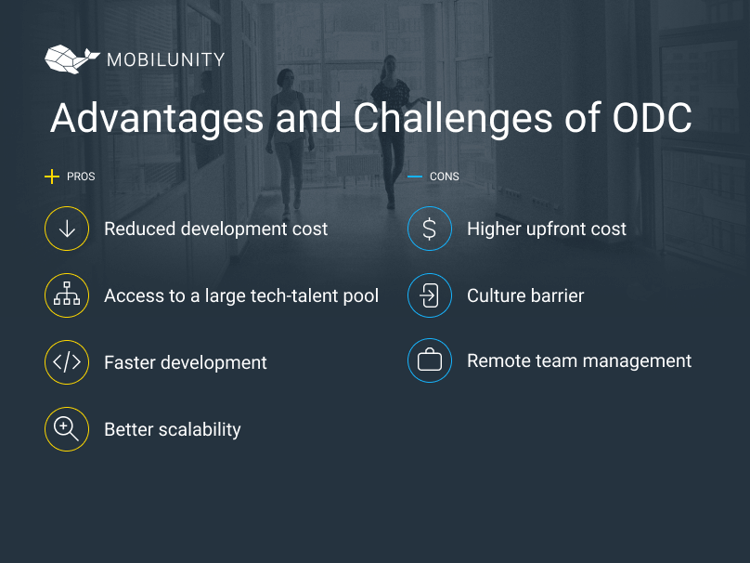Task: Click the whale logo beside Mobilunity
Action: pos(71,59)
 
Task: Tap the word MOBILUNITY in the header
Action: pos(166,59)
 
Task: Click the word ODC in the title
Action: pos(652,117)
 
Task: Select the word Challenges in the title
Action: pos(453,118)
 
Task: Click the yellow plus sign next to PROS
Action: pos(52,177)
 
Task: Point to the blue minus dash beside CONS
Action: pos(415,177)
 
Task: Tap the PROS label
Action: pos(81,177)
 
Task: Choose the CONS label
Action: pos(445,177)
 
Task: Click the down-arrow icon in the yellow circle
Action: pos(67,229)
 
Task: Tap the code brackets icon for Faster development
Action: pos(67,362)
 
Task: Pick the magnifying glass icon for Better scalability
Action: pos(67,429)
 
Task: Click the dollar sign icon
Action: pos(430,229)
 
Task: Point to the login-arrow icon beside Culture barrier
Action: pos(430,295)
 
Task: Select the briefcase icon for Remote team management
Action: pos(430,360)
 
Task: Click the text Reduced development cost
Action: pos(215,229)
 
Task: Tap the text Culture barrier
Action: pos(525,295)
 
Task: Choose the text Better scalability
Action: pos(173,429)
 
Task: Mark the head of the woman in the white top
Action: pos(286,77)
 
